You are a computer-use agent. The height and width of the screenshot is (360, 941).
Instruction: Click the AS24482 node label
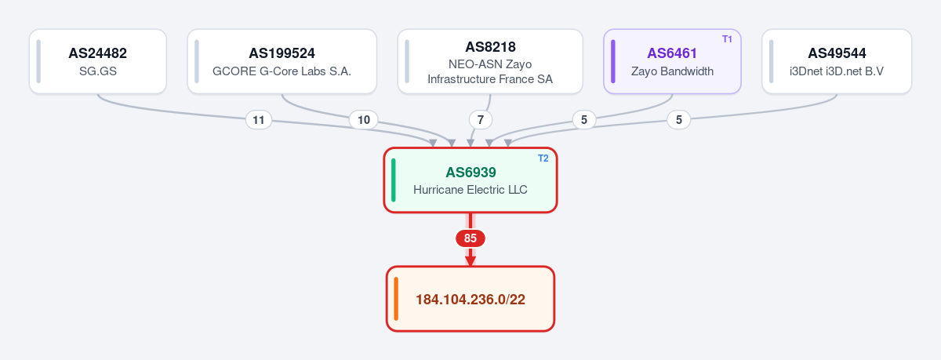(x=97, y=53)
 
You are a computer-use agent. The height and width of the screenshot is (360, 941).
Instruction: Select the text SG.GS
(x=98, y=71)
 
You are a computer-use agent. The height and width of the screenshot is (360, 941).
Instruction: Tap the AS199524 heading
(x=282, y=53)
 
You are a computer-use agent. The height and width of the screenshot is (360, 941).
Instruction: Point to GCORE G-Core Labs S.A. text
(x=282, y=71)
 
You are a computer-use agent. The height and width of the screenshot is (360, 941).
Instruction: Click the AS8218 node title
(x=490, y=46)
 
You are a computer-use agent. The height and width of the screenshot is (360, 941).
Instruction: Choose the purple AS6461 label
(x=672, y=53)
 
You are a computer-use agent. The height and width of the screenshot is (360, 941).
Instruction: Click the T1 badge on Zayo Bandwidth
(x=727, y=39)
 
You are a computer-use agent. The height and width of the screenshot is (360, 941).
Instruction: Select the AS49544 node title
(x=837, y=53)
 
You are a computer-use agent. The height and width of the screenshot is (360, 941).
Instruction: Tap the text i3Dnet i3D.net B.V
(x=837, y=71)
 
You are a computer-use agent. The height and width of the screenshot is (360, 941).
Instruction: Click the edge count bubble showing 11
(x=258, y=120)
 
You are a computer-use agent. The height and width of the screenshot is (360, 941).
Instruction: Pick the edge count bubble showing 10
(x=364, y=120)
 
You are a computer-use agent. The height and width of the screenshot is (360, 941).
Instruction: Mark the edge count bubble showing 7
(x=481, y=120)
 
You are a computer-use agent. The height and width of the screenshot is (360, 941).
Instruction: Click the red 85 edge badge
(x=470, y=238)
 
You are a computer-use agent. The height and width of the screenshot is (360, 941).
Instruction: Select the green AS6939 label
(x=470, y=173)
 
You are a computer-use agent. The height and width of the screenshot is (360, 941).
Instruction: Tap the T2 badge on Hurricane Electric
(x=543, y=158)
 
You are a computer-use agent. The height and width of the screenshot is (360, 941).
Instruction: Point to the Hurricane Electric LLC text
(x=470, y=190)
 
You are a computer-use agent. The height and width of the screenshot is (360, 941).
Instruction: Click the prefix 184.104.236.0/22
(x=470, y=300)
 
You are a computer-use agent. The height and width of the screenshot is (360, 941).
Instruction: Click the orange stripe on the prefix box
(x=396, y=299)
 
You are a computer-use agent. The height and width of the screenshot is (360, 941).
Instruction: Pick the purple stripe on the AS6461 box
(x=613, y=61)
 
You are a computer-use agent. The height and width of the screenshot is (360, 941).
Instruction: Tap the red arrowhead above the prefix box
(x=470, y=260)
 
